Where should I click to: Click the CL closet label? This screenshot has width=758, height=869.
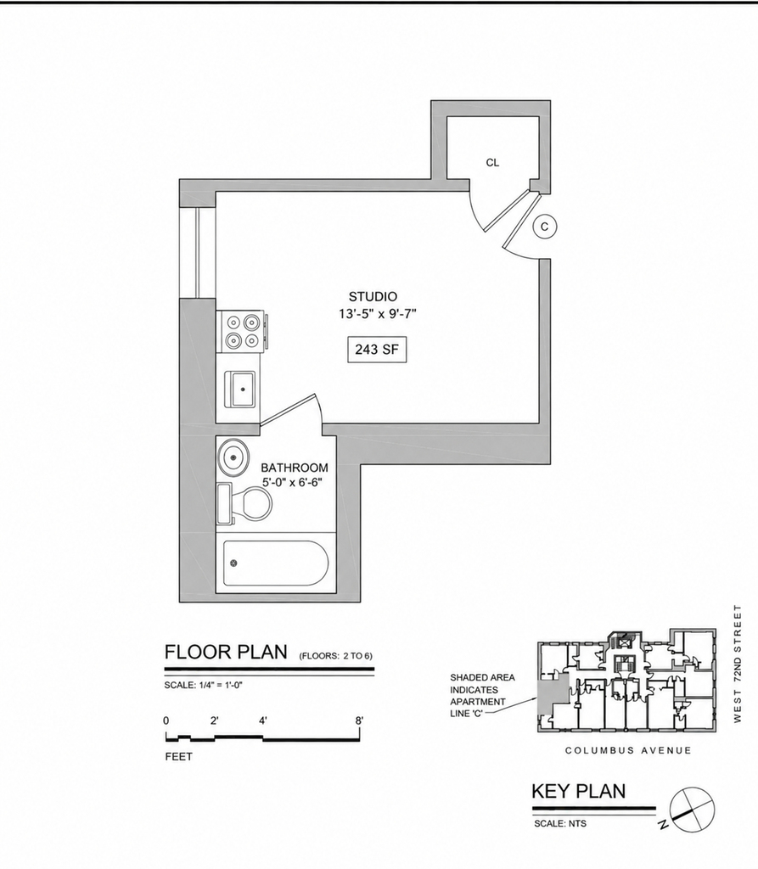tap(492, 162)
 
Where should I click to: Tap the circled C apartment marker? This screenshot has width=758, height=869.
tap(544, 227)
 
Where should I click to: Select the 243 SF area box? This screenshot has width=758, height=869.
tap(377, 350)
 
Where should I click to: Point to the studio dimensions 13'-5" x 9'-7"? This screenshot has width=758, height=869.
tap(378, 314)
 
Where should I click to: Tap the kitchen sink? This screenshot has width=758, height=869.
tap(239, 389)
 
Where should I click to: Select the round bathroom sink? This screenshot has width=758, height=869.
tap(233, 457)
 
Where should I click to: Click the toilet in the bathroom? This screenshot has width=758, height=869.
tap(244, 504)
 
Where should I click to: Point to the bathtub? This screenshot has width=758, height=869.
tap(276, 563)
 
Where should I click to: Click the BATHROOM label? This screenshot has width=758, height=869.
tap(295, 468)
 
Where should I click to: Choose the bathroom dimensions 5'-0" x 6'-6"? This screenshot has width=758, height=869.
tap(293, 483)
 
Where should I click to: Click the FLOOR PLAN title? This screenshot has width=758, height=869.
tap(227, 652)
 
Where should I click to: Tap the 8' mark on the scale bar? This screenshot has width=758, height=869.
tap(360, 720)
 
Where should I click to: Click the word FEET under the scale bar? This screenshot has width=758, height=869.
tap(178, 757)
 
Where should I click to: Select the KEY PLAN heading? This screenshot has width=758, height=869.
tap(578, 791)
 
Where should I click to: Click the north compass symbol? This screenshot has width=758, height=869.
tap(691, 810)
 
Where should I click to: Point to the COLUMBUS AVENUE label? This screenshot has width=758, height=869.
tap(628, 751)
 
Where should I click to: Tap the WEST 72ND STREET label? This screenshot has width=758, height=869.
tap(737, 664)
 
